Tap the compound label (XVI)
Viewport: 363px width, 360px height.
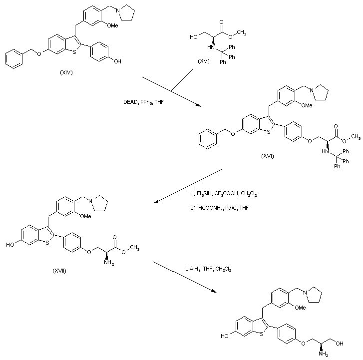(268, 156)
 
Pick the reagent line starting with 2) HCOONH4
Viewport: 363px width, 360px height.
(217, 206)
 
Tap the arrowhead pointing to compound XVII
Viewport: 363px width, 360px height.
(156, 202)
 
